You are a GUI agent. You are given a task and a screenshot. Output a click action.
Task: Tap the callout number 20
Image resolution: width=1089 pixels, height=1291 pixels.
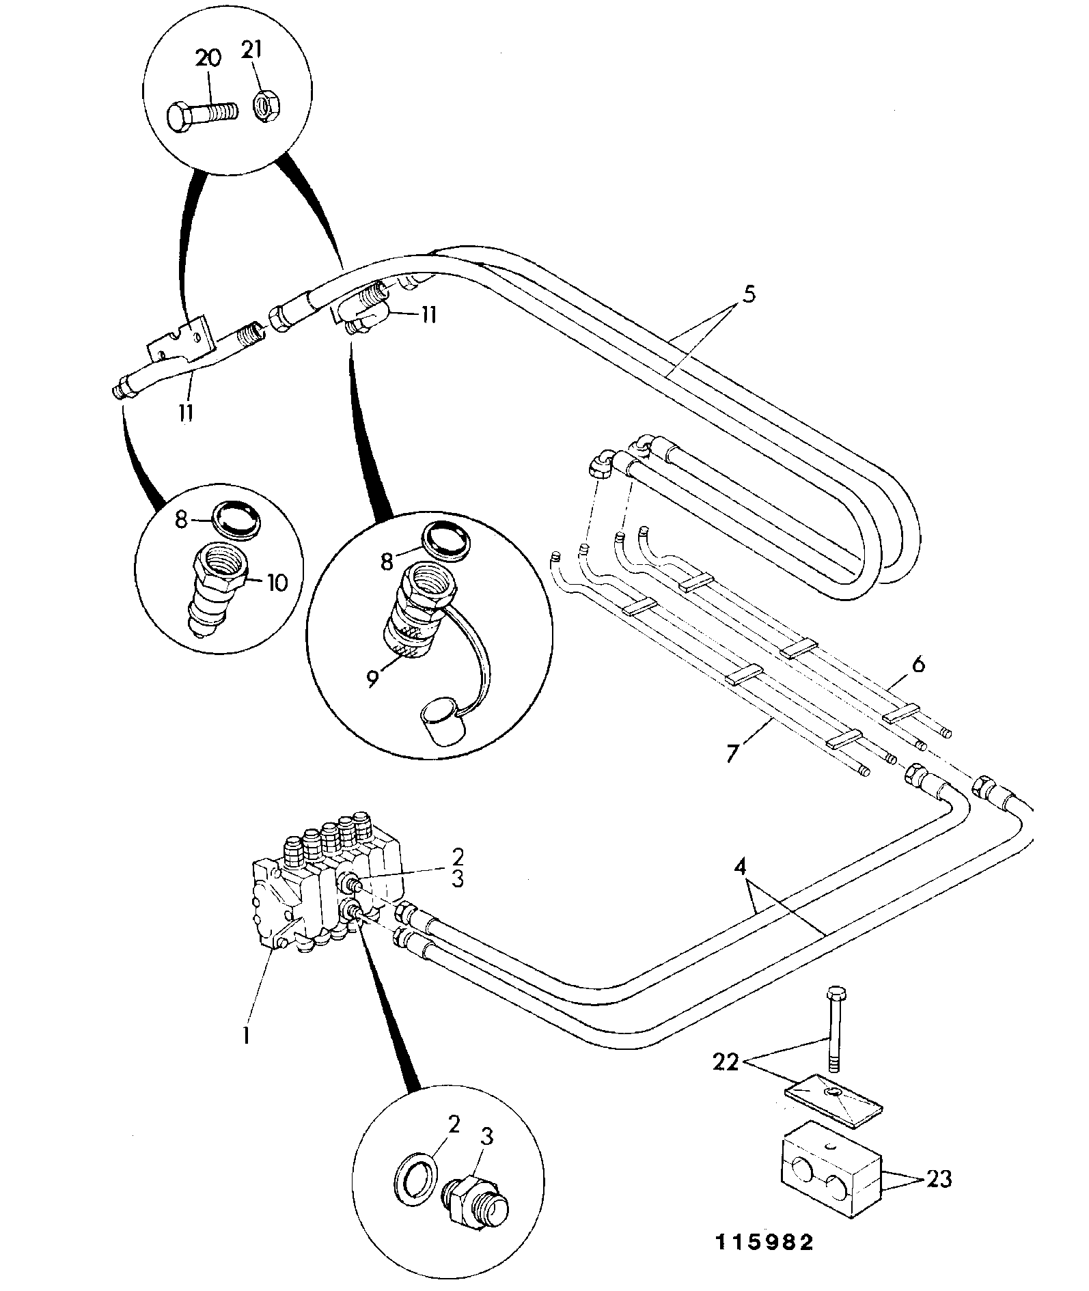[208, 58]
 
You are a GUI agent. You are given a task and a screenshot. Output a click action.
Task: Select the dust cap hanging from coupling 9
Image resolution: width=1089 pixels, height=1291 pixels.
[437, 719]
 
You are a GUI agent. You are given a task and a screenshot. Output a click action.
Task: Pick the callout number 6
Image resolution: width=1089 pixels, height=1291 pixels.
[918, 663]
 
